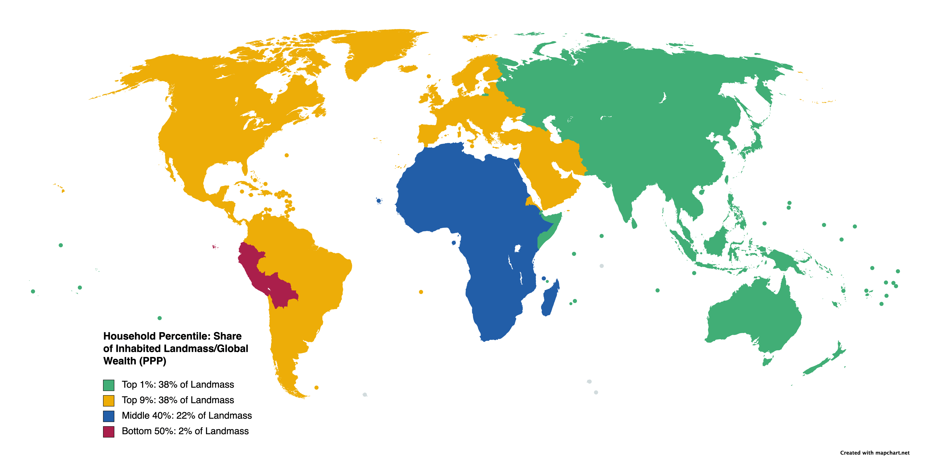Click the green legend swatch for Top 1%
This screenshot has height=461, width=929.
109,385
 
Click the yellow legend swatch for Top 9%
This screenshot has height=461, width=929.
109,400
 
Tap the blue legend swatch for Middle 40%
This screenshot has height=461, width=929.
109,416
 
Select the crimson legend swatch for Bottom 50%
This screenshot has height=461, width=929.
109,431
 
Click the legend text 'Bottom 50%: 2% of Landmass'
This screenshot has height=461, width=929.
185,431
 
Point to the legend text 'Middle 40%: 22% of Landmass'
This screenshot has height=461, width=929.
186,416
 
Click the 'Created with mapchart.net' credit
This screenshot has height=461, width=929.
874,453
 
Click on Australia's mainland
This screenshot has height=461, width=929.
754,317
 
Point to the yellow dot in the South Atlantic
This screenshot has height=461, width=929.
421,292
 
